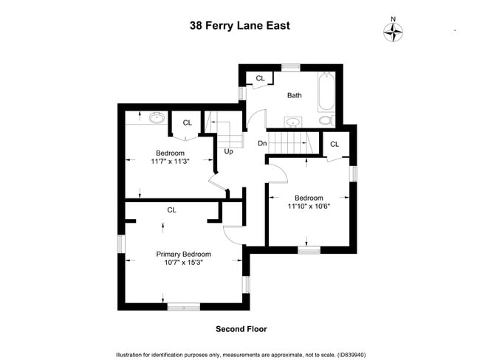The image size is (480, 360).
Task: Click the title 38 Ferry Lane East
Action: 239,26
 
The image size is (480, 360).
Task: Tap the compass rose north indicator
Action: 394,31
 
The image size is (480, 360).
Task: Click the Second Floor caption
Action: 241,329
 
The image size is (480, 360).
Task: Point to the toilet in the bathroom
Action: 326,120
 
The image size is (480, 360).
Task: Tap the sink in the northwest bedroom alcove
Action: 157,117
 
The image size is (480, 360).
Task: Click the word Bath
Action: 295,95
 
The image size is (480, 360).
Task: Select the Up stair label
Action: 229,151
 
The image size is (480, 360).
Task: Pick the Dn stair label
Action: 262,143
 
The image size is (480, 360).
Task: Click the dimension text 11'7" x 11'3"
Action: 171,162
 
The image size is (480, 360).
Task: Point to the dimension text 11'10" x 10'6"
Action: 309,207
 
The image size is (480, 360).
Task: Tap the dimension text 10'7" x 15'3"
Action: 183,262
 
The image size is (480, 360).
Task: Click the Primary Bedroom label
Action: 183,254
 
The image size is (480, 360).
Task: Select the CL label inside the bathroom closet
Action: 260,78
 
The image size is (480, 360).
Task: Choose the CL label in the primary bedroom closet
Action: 171,210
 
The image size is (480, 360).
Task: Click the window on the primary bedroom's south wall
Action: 183,306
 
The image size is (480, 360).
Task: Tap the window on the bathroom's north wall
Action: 291,67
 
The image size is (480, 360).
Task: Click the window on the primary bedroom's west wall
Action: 123,243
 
